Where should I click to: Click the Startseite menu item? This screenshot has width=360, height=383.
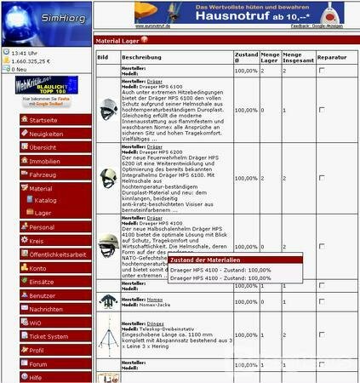(x=44, y=121)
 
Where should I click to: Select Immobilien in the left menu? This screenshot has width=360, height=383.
(x=44, y=160)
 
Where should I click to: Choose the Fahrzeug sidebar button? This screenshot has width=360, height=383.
(x=43, y=174)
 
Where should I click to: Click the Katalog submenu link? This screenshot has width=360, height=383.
(x=46, y=200)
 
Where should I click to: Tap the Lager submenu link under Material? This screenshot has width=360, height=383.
(x=43, y=213)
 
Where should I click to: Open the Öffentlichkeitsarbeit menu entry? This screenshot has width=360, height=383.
(x=57, y=254)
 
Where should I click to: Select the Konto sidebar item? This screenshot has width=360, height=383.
(x=38, y=268)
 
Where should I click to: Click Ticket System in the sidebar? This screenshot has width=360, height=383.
(x=49, y=336)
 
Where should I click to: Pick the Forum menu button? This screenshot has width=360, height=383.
(x=38, y=363)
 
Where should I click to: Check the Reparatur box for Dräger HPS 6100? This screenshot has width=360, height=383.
(x=321, y=110)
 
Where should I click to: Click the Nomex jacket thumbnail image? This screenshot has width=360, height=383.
(x=107, y=301)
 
